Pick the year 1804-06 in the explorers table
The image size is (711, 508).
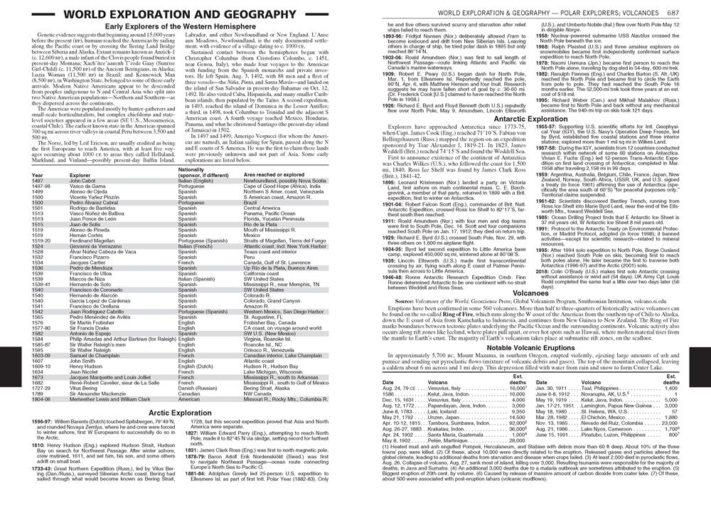pos(42,401)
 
